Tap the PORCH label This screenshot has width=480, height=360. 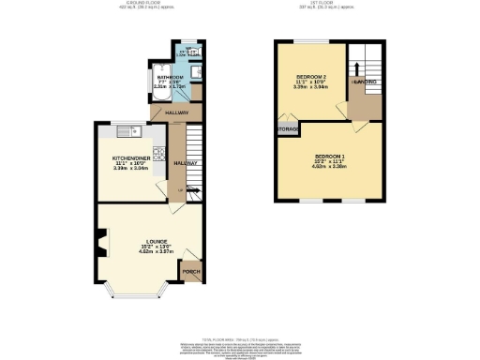coord(190,273)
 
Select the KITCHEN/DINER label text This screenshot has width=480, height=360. coord(131,157)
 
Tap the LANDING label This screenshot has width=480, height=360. coord(365,82)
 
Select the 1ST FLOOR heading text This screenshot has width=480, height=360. coord(328,5)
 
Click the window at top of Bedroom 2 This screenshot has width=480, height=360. coord(306,42)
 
